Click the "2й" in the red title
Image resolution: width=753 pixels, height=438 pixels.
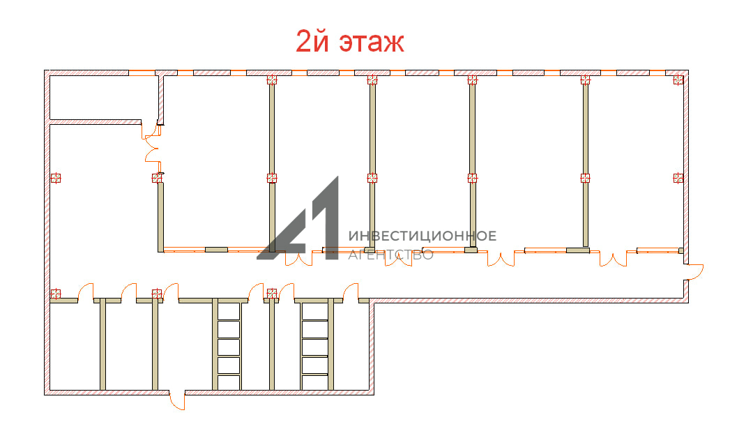[x=312, y=40]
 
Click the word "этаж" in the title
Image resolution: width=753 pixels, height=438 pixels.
[x=372, y=43]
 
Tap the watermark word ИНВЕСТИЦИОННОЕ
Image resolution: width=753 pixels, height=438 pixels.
[x=422, y=236]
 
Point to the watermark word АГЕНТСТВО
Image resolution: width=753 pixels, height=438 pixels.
[x=390, y=255]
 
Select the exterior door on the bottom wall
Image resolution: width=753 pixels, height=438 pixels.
[x=178, y=401]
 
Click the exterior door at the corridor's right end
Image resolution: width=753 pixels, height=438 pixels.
[x=694, y=271]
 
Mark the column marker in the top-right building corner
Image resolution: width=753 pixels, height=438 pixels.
[x=678, y=80]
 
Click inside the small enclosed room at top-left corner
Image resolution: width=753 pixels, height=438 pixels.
[x=103, y=98]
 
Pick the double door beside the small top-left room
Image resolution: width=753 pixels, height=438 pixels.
[x=152, y=149]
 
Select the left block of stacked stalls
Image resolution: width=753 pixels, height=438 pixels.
[x=229, y=347]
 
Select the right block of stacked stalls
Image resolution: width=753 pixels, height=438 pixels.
[x=315, y=347]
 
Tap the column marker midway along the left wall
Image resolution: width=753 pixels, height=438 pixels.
[x=56, y=178]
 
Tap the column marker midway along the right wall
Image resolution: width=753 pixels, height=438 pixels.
[x=678, y=178]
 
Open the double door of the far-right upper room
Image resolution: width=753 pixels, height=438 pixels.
[x=614, y=259]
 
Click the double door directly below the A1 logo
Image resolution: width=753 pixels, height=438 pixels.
[x=298, y=259]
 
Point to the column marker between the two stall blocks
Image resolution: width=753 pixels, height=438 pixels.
[x=272, y=293]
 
